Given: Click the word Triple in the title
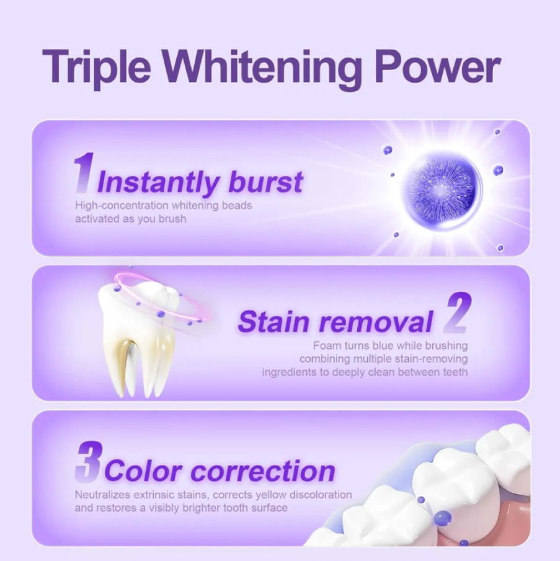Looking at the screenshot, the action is point(97,68).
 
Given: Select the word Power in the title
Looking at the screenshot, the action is point(437,68).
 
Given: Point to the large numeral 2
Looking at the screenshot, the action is point(457,312).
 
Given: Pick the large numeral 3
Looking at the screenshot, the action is point(89,462).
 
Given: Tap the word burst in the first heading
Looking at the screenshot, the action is point(266,182).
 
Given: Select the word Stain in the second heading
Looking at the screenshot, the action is point(273,321).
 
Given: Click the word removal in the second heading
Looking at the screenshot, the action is point(376,321).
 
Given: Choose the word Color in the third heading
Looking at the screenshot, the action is point(143,471).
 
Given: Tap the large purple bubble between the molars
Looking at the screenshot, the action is point(443,518).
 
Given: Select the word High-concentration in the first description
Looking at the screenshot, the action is point(122,205).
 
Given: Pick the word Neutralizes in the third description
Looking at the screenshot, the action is point(102,495).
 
